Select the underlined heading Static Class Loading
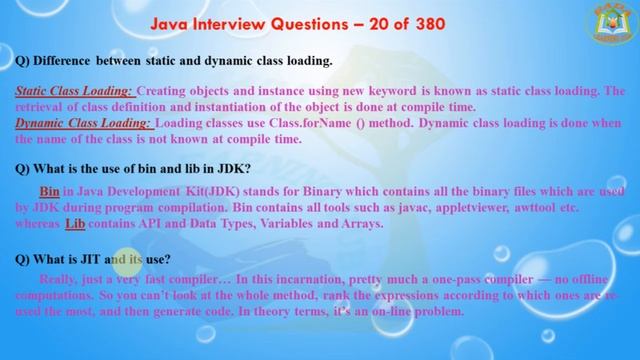[74, 90]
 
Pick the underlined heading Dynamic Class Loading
[84, 123]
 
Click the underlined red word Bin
[50, 190]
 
